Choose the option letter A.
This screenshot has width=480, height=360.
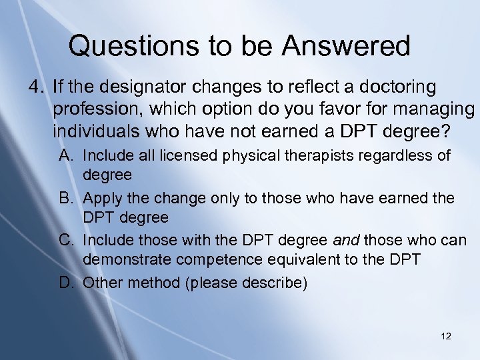click(x=65, y=156)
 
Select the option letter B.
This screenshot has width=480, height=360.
click(x=65, y=199)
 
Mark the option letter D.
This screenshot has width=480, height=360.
click(x=65, y=282)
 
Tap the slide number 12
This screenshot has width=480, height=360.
click(x=446, y=336)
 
